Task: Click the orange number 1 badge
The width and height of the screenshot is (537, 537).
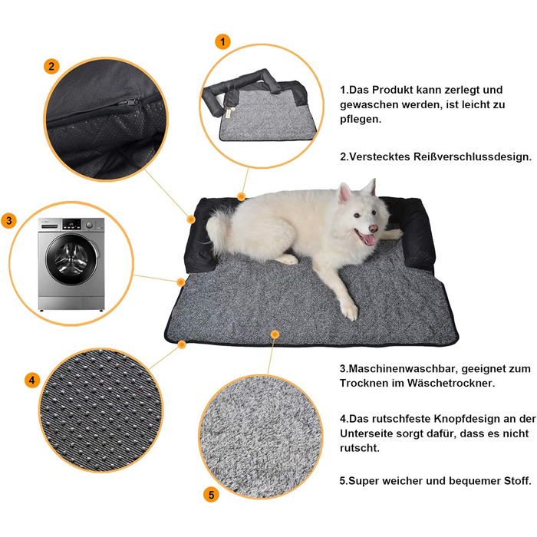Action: click(x=222, y=41)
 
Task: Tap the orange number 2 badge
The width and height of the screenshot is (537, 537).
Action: click(x=51, y=66)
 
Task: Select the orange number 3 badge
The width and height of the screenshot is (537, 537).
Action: click(x=9, y=221)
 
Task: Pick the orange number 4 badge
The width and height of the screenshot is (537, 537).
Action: click(x=32, y=381)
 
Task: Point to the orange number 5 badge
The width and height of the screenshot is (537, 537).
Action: click(x=211, y=495)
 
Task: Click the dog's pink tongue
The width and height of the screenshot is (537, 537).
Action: click(x=367, y=239)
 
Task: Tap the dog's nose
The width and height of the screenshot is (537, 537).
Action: click(x=373, y=229)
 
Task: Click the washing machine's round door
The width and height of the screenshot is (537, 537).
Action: click(x=71, y=259)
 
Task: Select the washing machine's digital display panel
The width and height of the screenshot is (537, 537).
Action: click(x=72, y=224)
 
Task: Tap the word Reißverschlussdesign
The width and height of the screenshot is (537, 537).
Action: click(x=473, y=156)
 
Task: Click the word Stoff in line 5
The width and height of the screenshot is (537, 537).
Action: click(x=517, y=481)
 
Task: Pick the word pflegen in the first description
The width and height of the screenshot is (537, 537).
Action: click(x=361, y=120)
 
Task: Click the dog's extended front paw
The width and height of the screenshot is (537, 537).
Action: click(x=349, y=310)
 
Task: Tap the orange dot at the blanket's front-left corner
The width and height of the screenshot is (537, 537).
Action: click(x=182, y=344)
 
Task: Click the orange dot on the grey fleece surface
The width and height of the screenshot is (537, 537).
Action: click(x=275, y=334)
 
